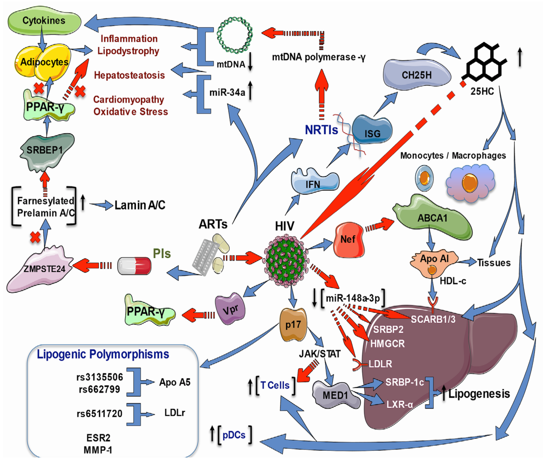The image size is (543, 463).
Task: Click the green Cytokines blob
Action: (x=44, y=21)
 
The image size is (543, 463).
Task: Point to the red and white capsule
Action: (x=134, y=266)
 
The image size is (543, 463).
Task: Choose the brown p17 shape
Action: (x=293, y=325)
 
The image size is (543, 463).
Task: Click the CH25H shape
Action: (x=417, y=75)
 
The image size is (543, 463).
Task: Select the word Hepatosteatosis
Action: (x=129, y=75)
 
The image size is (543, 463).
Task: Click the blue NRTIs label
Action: (x=321, y=130)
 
